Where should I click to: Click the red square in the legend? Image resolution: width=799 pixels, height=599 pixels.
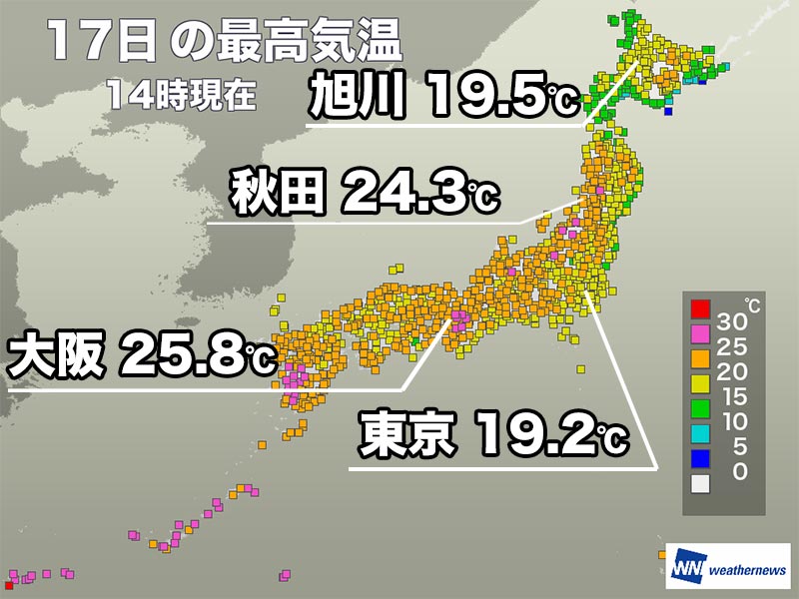click(x=700, y=307)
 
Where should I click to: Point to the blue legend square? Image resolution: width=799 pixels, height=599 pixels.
click(x=700, y=458)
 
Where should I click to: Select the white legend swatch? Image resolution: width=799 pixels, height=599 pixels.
click(x=700, y=483)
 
